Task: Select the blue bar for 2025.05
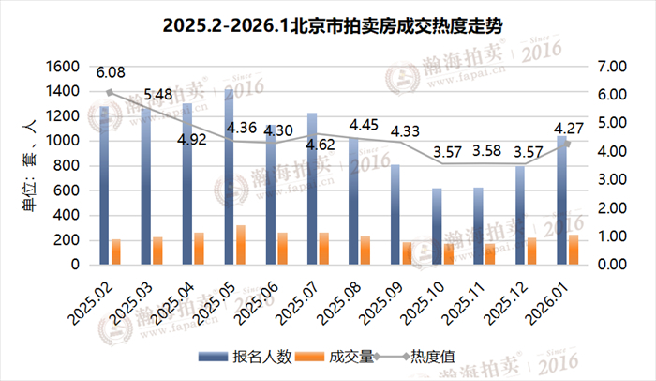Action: (x=228, y=178)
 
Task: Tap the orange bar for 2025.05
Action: (x=240, y=245)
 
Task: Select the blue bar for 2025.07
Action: (x=311, y=189)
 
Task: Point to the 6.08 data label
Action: (x=111, y=71)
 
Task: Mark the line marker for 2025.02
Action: (x=110, y=92)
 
